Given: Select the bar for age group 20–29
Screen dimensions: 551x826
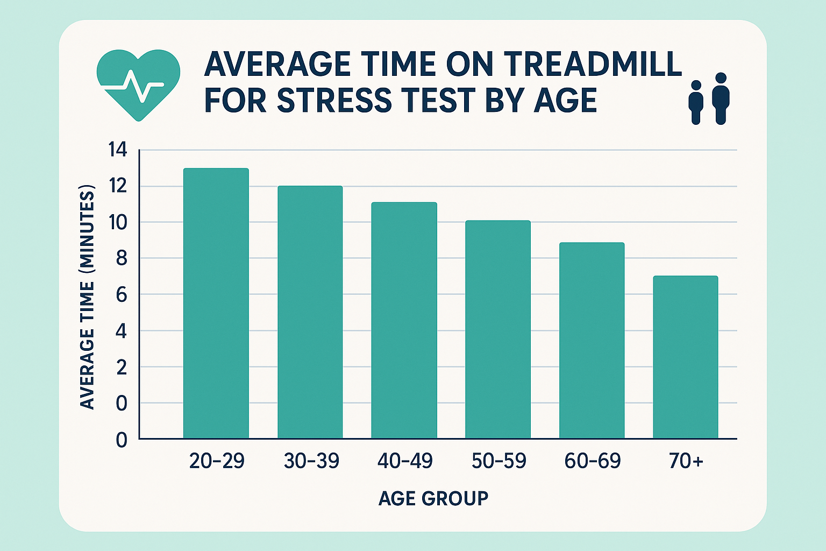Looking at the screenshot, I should pos(216,303).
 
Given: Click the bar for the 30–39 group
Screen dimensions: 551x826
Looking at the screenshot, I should pos(310,312).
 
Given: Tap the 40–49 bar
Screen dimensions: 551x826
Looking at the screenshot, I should pos(404,320).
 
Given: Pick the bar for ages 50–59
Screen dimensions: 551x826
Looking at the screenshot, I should pos(498,329).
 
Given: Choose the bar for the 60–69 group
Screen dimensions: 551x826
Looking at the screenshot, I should pos(592,340).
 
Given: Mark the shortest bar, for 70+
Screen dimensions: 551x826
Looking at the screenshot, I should pos(685,357).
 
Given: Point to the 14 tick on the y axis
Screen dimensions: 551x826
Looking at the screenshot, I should pos(118,150).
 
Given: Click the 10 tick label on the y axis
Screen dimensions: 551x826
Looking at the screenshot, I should pos(118,222).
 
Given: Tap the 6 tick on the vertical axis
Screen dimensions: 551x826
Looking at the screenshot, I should pos(120,295).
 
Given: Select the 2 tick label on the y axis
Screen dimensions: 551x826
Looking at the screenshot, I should pos(121,368).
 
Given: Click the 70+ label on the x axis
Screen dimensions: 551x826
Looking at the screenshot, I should pos(686,461).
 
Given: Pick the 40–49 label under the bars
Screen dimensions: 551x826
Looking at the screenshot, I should pos(404,461).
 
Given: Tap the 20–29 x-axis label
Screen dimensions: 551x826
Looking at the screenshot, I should pos(217,461).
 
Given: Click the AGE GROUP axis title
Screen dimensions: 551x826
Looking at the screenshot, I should pos(433,498).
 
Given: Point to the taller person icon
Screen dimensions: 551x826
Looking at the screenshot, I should pos(721,98).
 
